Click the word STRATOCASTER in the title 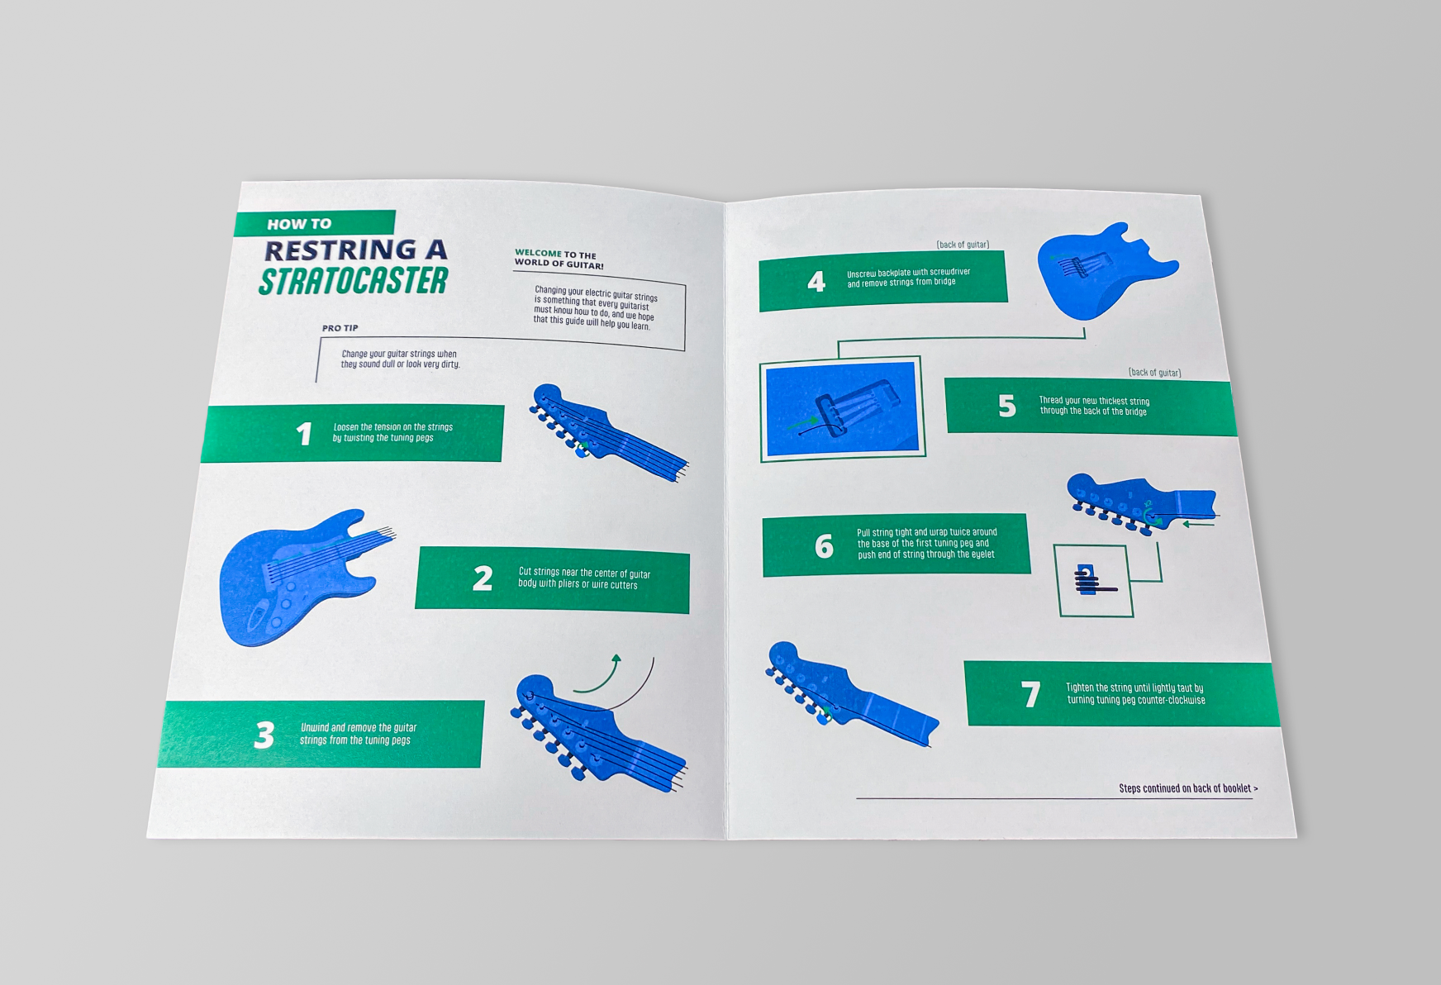coord(354,281)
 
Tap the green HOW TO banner coord(314,223)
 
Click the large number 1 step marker coord(304,434)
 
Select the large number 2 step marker coord(483,578)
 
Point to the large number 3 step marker coord(264,735)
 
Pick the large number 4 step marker coord(816,282)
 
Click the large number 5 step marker coord(1006,406)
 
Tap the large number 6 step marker coord(824,545)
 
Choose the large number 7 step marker coord(1030,694)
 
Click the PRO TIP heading coord(340,328)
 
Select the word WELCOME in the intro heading coord(538,253)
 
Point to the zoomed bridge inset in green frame coord(841,409)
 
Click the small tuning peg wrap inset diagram coord(1094,580)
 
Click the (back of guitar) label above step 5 coord(1154,373)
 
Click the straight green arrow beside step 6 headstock coord(1199,524)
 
